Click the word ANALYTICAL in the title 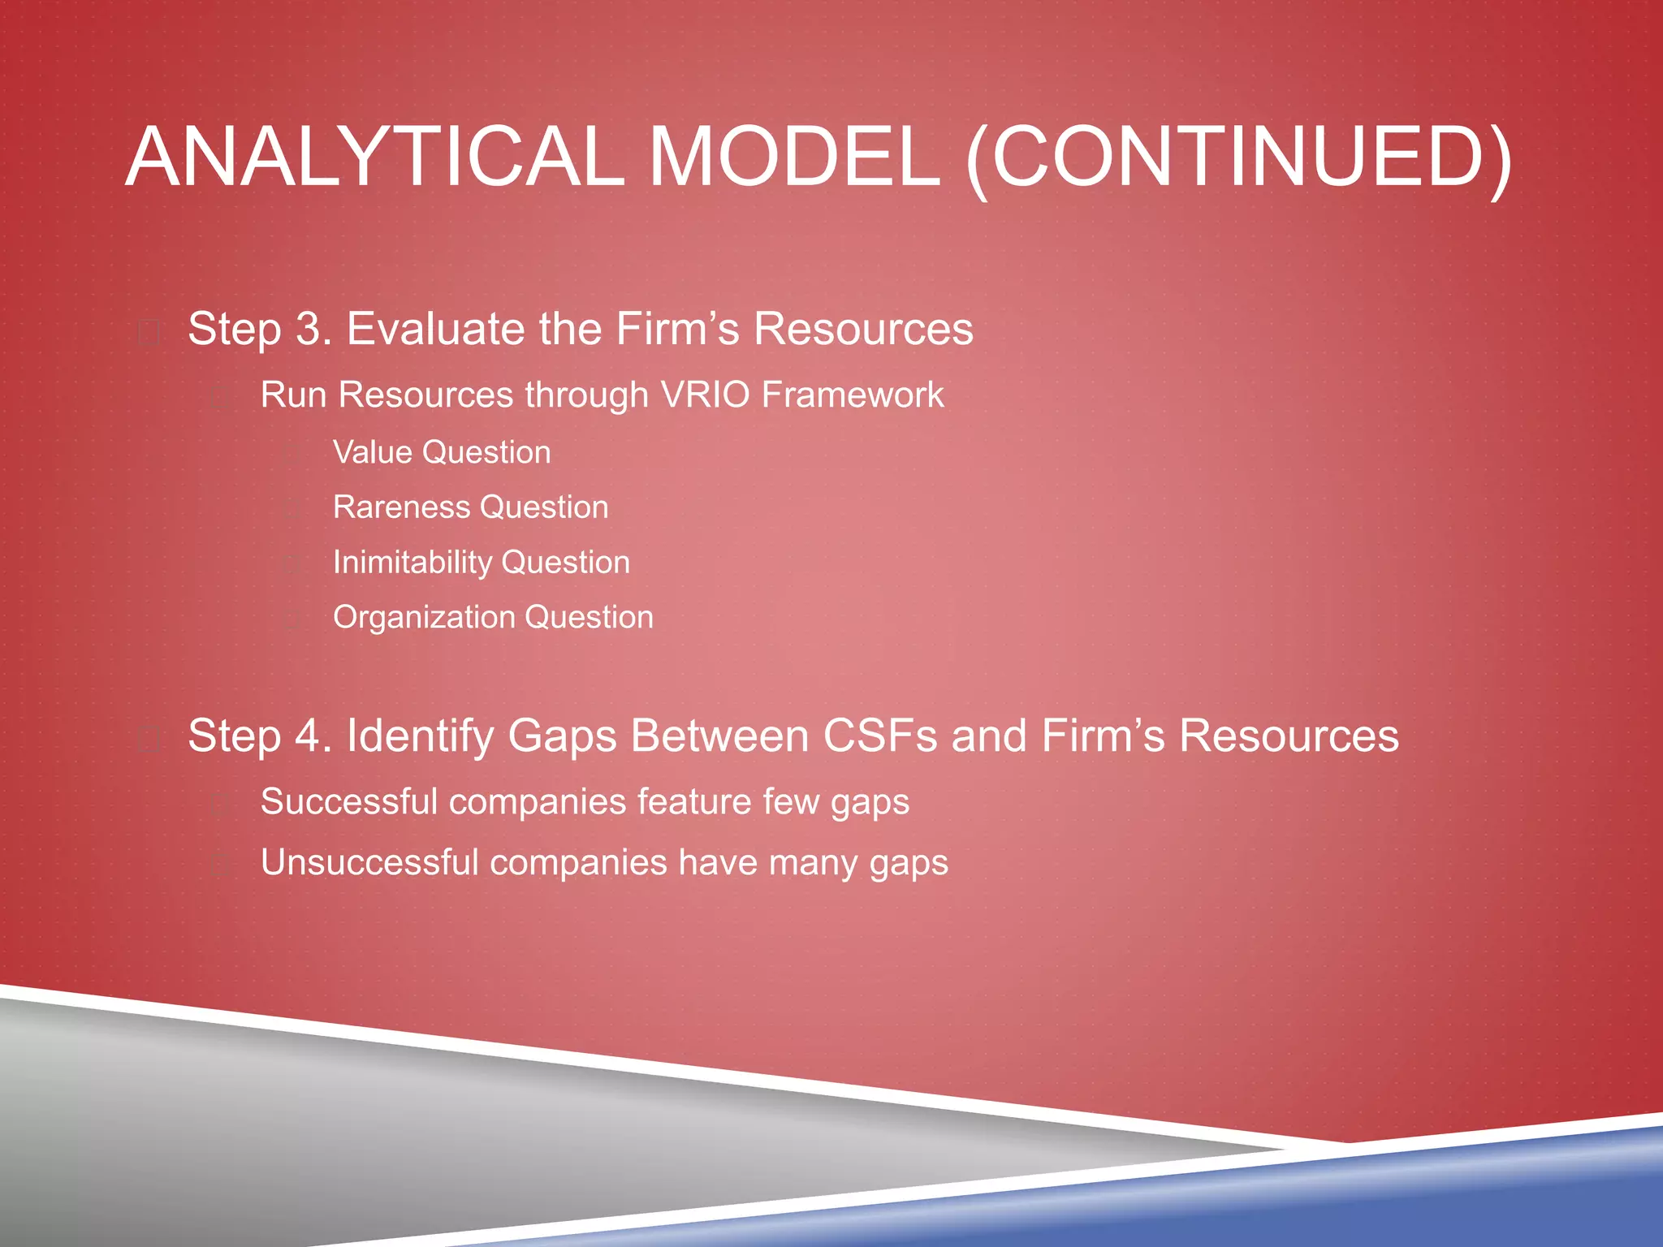click(x=374, y=157)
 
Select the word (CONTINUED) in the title click(x=1238, y=157)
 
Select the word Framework click(x=853, y=395)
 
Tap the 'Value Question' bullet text click(x=442, y=452)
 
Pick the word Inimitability click(x=413, y=563)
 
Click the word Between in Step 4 click(x=719, y=736)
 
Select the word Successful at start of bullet click(x=349, y=802)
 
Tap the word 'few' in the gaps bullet click(x=791, y=802)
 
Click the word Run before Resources click(x=293, y=395)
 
